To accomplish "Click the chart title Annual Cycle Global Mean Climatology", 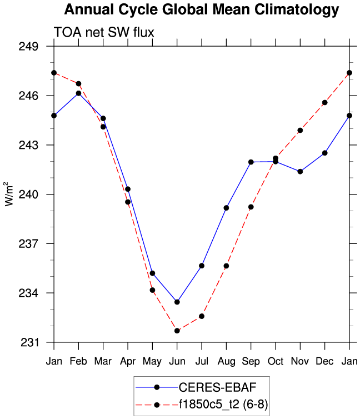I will pos(201,9).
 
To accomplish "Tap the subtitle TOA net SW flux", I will pos(103,33).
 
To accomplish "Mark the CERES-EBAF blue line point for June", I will pos(177,302).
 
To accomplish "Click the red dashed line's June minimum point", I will pos(177,331).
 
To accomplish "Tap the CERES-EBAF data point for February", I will pos(78,93).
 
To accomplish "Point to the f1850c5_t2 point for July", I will pos(202,316).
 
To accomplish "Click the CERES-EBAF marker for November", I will pos(300,171).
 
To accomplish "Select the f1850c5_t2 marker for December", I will pos(324,103).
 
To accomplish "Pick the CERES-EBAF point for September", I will pos(251,162).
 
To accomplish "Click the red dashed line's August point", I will pos(226,266).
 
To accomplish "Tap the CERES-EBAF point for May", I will pos(152,273).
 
